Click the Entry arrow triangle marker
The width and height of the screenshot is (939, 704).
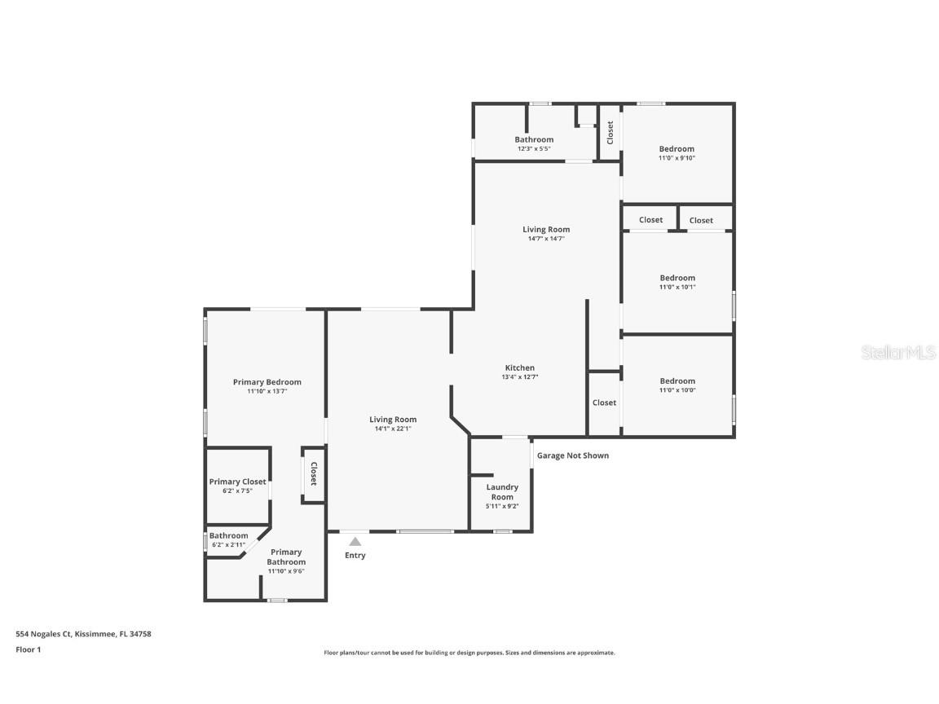(355, 541)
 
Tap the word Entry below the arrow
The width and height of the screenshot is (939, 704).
(355, 556)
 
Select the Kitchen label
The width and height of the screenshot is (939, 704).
(520, 368)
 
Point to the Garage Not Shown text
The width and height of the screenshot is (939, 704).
(572, 455)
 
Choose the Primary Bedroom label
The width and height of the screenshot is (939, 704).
(267, 382)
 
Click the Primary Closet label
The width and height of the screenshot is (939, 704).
(237, 482)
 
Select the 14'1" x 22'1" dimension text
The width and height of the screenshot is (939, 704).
(393, 429)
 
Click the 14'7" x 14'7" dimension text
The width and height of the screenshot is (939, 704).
(546, 239)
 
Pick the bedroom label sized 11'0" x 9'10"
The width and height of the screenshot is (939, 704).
(677, 149)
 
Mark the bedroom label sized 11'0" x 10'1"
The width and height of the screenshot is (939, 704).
(677, 278)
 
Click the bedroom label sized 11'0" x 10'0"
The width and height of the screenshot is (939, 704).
(677, 381)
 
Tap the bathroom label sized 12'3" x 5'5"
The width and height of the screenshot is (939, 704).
(534, 139)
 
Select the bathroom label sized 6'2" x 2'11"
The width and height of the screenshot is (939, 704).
(228, 535)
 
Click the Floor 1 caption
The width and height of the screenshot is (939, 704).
(28, 649)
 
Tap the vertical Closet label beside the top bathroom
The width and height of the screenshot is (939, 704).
(610, 133)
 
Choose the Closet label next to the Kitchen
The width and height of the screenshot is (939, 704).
(604, 403)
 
